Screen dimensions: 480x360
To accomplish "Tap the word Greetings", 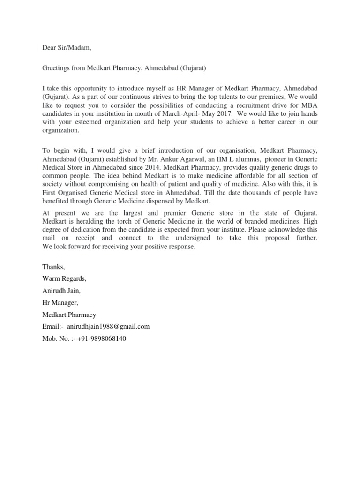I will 57,68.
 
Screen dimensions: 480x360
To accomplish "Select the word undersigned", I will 195,238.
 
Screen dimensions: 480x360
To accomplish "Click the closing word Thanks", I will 54,267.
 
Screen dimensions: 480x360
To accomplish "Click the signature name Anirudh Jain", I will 61,291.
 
